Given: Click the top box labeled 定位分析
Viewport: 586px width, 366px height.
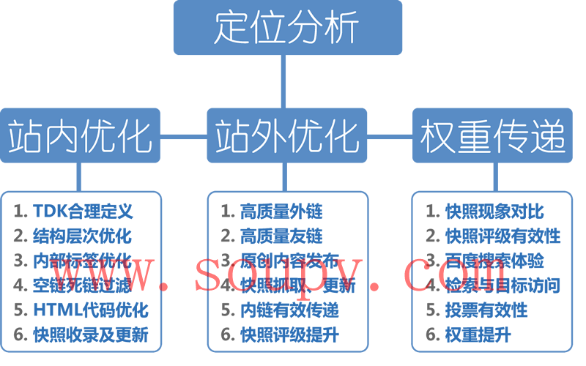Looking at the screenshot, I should pos(287,28).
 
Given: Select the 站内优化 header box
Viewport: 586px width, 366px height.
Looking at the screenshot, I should pos(80,135).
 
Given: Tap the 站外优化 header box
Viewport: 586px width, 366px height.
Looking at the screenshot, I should pos(287,135).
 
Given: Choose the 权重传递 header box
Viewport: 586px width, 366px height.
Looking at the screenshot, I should pos(492,135).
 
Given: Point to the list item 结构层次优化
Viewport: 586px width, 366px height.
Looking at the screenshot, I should pos(83,236).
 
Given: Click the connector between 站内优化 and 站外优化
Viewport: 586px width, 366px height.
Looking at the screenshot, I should pos(184,136).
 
